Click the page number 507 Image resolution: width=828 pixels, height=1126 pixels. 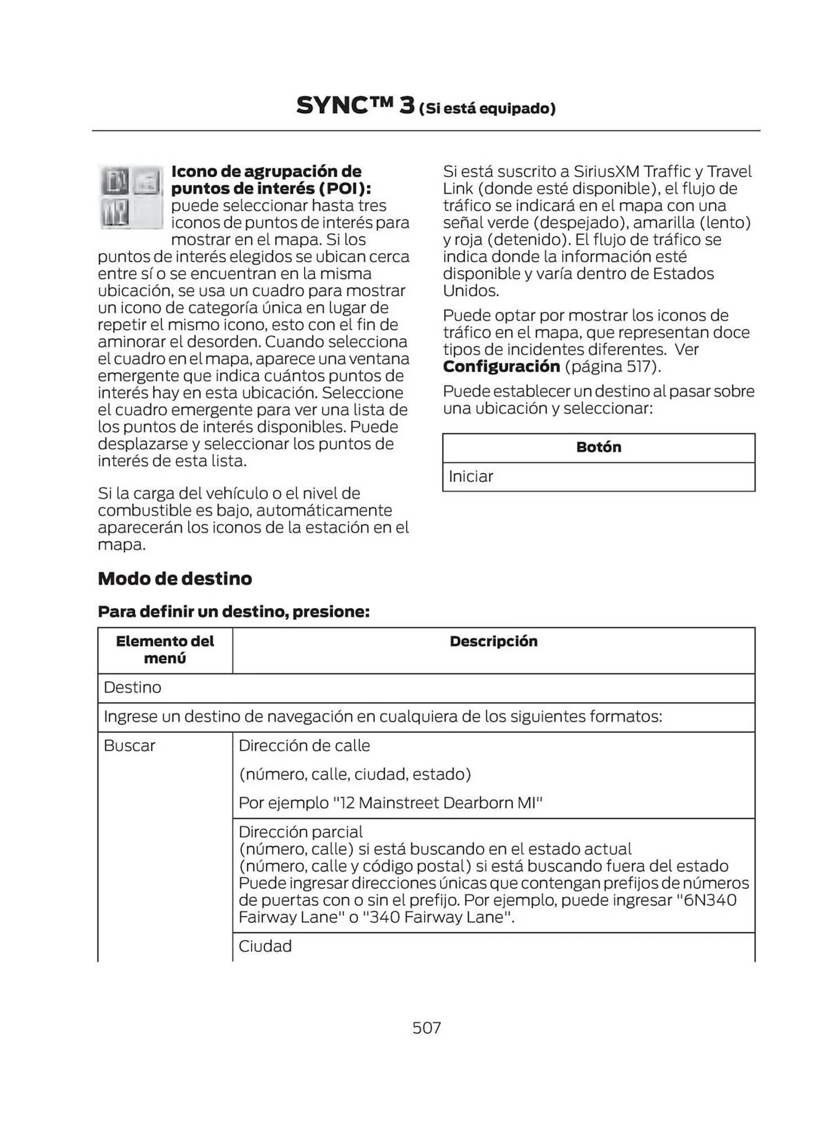tap(426, 1028)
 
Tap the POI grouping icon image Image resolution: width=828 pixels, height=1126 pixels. tap(131, 196)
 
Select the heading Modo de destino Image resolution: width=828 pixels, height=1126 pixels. tap(174, 579)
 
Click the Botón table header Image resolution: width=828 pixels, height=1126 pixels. tap(598, 448)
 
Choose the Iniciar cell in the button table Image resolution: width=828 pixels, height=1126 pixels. tap(471, 477)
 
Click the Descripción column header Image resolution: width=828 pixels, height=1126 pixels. tap(493, 641)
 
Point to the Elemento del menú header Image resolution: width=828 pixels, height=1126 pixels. tap(164, 650)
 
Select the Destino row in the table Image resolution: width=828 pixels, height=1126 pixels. tap(133, 687)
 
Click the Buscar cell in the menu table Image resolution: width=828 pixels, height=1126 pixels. tap(129, 746)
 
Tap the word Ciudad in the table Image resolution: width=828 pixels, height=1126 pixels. tap(265, 946)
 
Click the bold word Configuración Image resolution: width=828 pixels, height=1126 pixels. tap(501, 367)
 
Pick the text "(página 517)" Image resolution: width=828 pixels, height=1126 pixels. tap(612, 367)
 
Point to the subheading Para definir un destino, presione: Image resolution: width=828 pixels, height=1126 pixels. tap(234, 611)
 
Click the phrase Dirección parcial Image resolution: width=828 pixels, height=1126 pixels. tap(301, 832)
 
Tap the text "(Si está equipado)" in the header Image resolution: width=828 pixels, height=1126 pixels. tap(487, 109)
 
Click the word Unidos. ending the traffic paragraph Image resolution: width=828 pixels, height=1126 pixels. tap(471, 291)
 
